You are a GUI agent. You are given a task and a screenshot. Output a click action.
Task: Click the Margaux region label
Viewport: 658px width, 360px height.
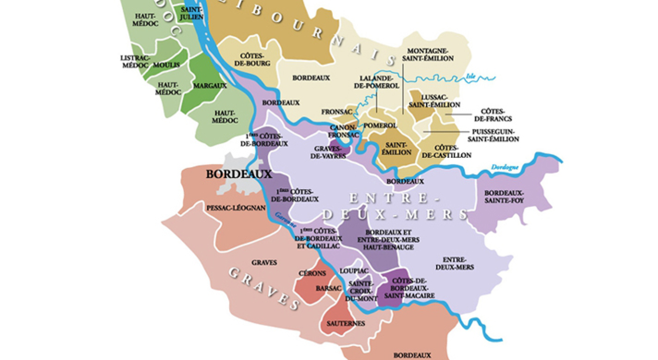pos(210,86)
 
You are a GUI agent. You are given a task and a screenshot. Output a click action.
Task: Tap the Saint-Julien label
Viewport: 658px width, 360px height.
pos(191,13)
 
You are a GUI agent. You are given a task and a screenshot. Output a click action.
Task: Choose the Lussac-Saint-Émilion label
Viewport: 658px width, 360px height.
pos(434,101)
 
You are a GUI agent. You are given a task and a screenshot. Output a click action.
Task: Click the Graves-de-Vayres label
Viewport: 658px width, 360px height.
pos(330,152)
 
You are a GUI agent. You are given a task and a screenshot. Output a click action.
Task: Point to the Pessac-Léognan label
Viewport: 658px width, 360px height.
pos(236,208)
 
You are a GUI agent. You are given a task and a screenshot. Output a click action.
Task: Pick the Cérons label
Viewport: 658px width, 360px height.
pos(313,273)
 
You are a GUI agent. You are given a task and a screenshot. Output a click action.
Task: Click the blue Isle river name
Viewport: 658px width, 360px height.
pos(471,76)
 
